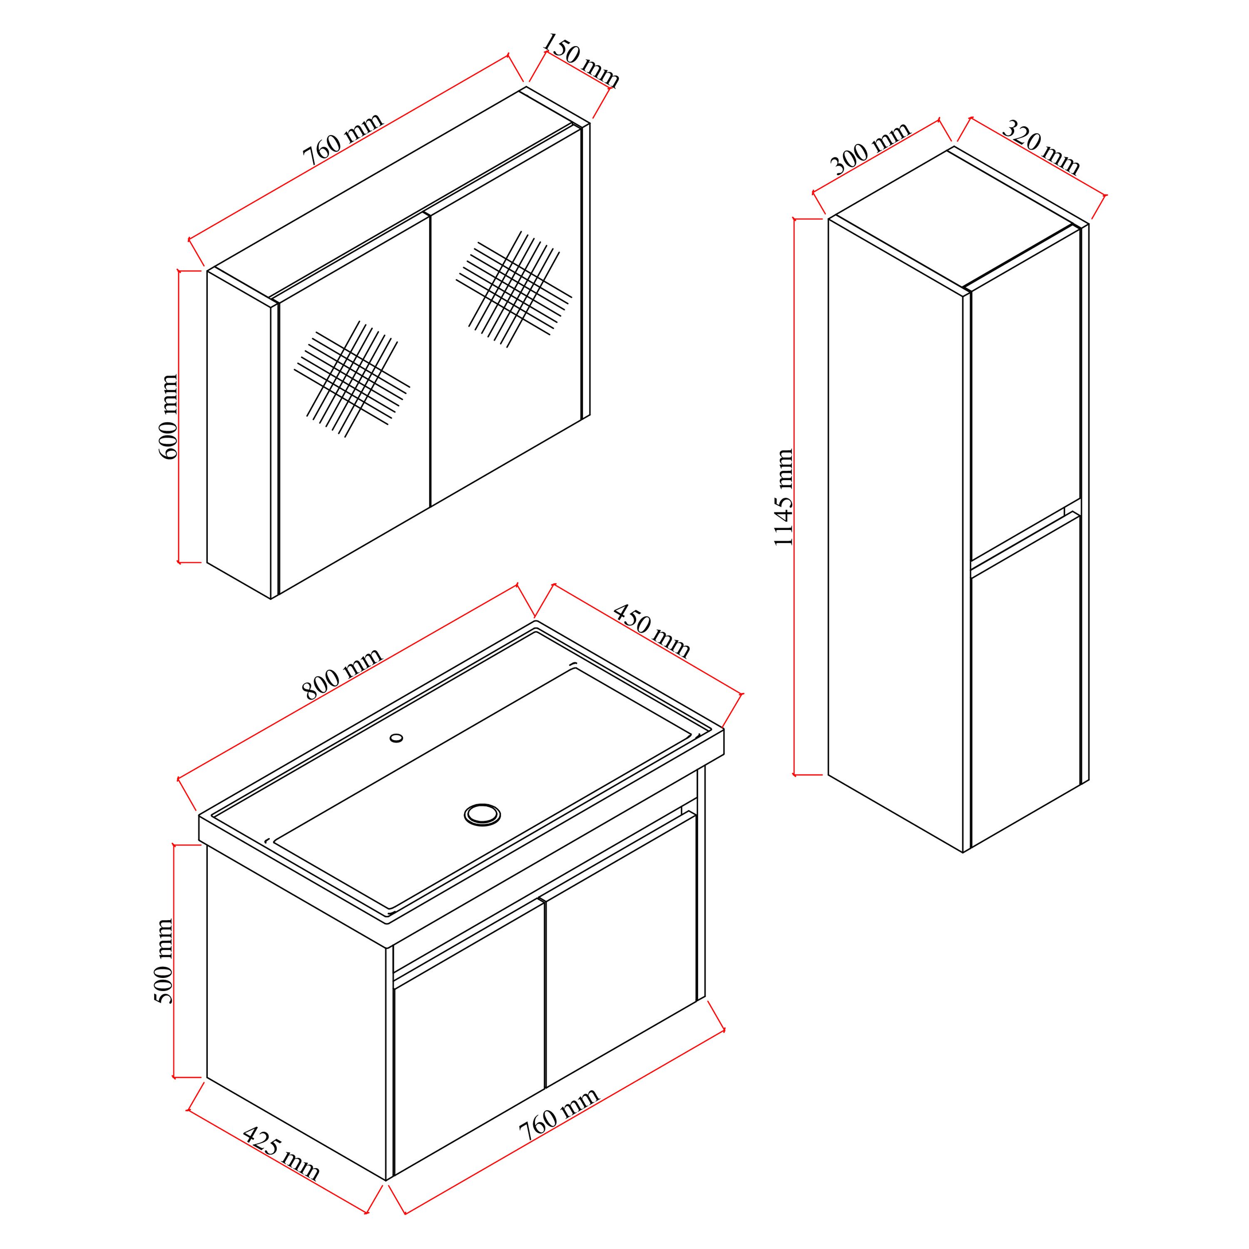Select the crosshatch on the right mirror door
click(x=514, y=289)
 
